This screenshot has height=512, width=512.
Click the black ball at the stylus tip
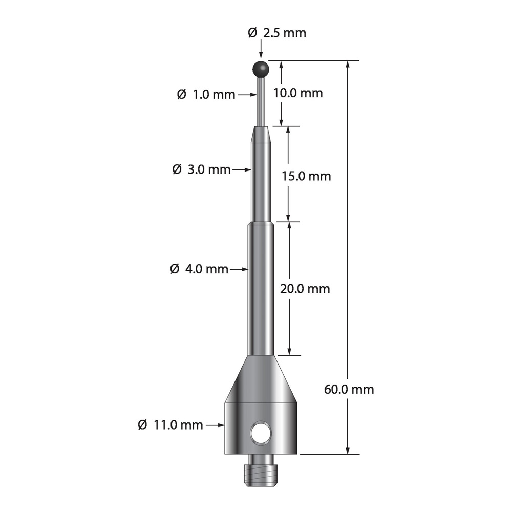coord(261,68)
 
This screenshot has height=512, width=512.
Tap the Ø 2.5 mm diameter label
coord(276,33)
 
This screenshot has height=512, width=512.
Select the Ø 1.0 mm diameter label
coord(206,95)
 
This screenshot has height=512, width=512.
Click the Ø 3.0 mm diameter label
coord(202,169)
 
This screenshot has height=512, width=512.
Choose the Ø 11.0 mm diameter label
coord(170,425)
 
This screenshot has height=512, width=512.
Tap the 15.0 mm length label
coord(307,176)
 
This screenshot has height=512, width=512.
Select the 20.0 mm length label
coord(305,289)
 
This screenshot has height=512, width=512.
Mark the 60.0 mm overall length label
coord(349,389)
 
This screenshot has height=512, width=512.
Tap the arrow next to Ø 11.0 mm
coord(215,425)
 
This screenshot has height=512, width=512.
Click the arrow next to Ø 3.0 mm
coord(243,169)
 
